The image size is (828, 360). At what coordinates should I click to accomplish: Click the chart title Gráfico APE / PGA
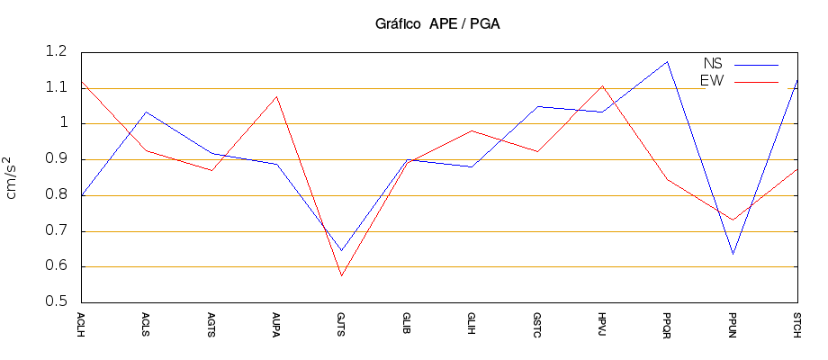437,24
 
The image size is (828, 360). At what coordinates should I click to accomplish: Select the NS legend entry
713,64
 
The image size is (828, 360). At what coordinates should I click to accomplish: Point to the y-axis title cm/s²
13,177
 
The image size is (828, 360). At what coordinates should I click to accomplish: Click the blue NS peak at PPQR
667,61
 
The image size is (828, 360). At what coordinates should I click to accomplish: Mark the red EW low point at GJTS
341,275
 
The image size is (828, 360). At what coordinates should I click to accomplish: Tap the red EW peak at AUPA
276,96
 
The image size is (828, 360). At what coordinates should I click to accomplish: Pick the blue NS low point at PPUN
733,254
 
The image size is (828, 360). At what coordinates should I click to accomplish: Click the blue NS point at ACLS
146,112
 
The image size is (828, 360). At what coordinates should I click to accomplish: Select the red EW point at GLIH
472,130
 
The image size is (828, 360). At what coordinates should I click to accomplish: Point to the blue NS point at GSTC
536,106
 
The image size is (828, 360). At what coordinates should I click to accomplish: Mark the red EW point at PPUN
733,220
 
